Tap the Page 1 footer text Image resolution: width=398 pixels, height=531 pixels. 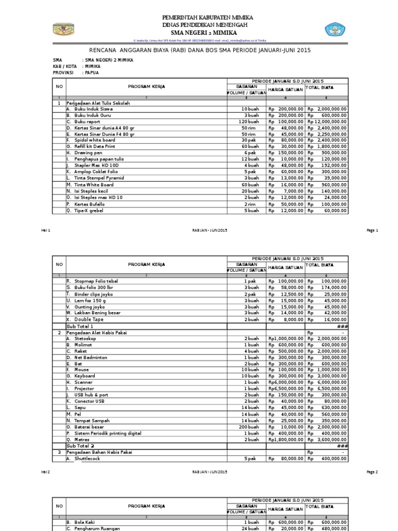(x=373, y=230)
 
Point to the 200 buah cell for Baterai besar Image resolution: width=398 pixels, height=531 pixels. (x=249, y=426)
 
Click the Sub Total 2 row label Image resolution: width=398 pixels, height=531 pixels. (x=80, y=445)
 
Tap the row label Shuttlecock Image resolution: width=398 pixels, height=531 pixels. (x=87, y=458)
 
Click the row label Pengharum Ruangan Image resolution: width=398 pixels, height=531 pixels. (x=97, y=528)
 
